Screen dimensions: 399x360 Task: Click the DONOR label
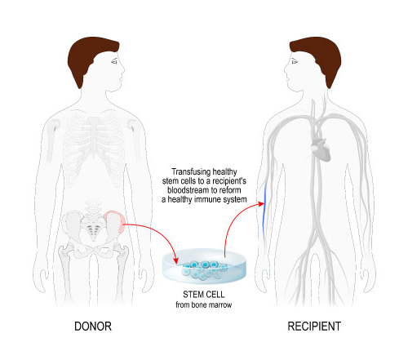(93, 327)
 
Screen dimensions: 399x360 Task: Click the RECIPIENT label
(314, 327)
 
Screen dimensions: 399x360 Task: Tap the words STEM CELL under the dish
(204, 295)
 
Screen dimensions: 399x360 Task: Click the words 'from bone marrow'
(204, 304)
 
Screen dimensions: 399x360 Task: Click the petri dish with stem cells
(204, 266)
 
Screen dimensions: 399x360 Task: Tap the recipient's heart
(321, 149)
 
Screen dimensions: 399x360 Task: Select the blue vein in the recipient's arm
(264, 211)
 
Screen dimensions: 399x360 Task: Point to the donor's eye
(114, 61)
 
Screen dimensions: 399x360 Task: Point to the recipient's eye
(295, 61)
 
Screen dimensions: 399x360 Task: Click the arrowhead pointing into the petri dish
(175, 260)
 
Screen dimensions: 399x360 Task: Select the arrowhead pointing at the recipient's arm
(261, 203)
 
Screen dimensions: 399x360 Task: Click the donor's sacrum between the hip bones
(93, 227)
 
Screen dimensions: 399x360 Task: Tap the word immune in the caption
(208, 199)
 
